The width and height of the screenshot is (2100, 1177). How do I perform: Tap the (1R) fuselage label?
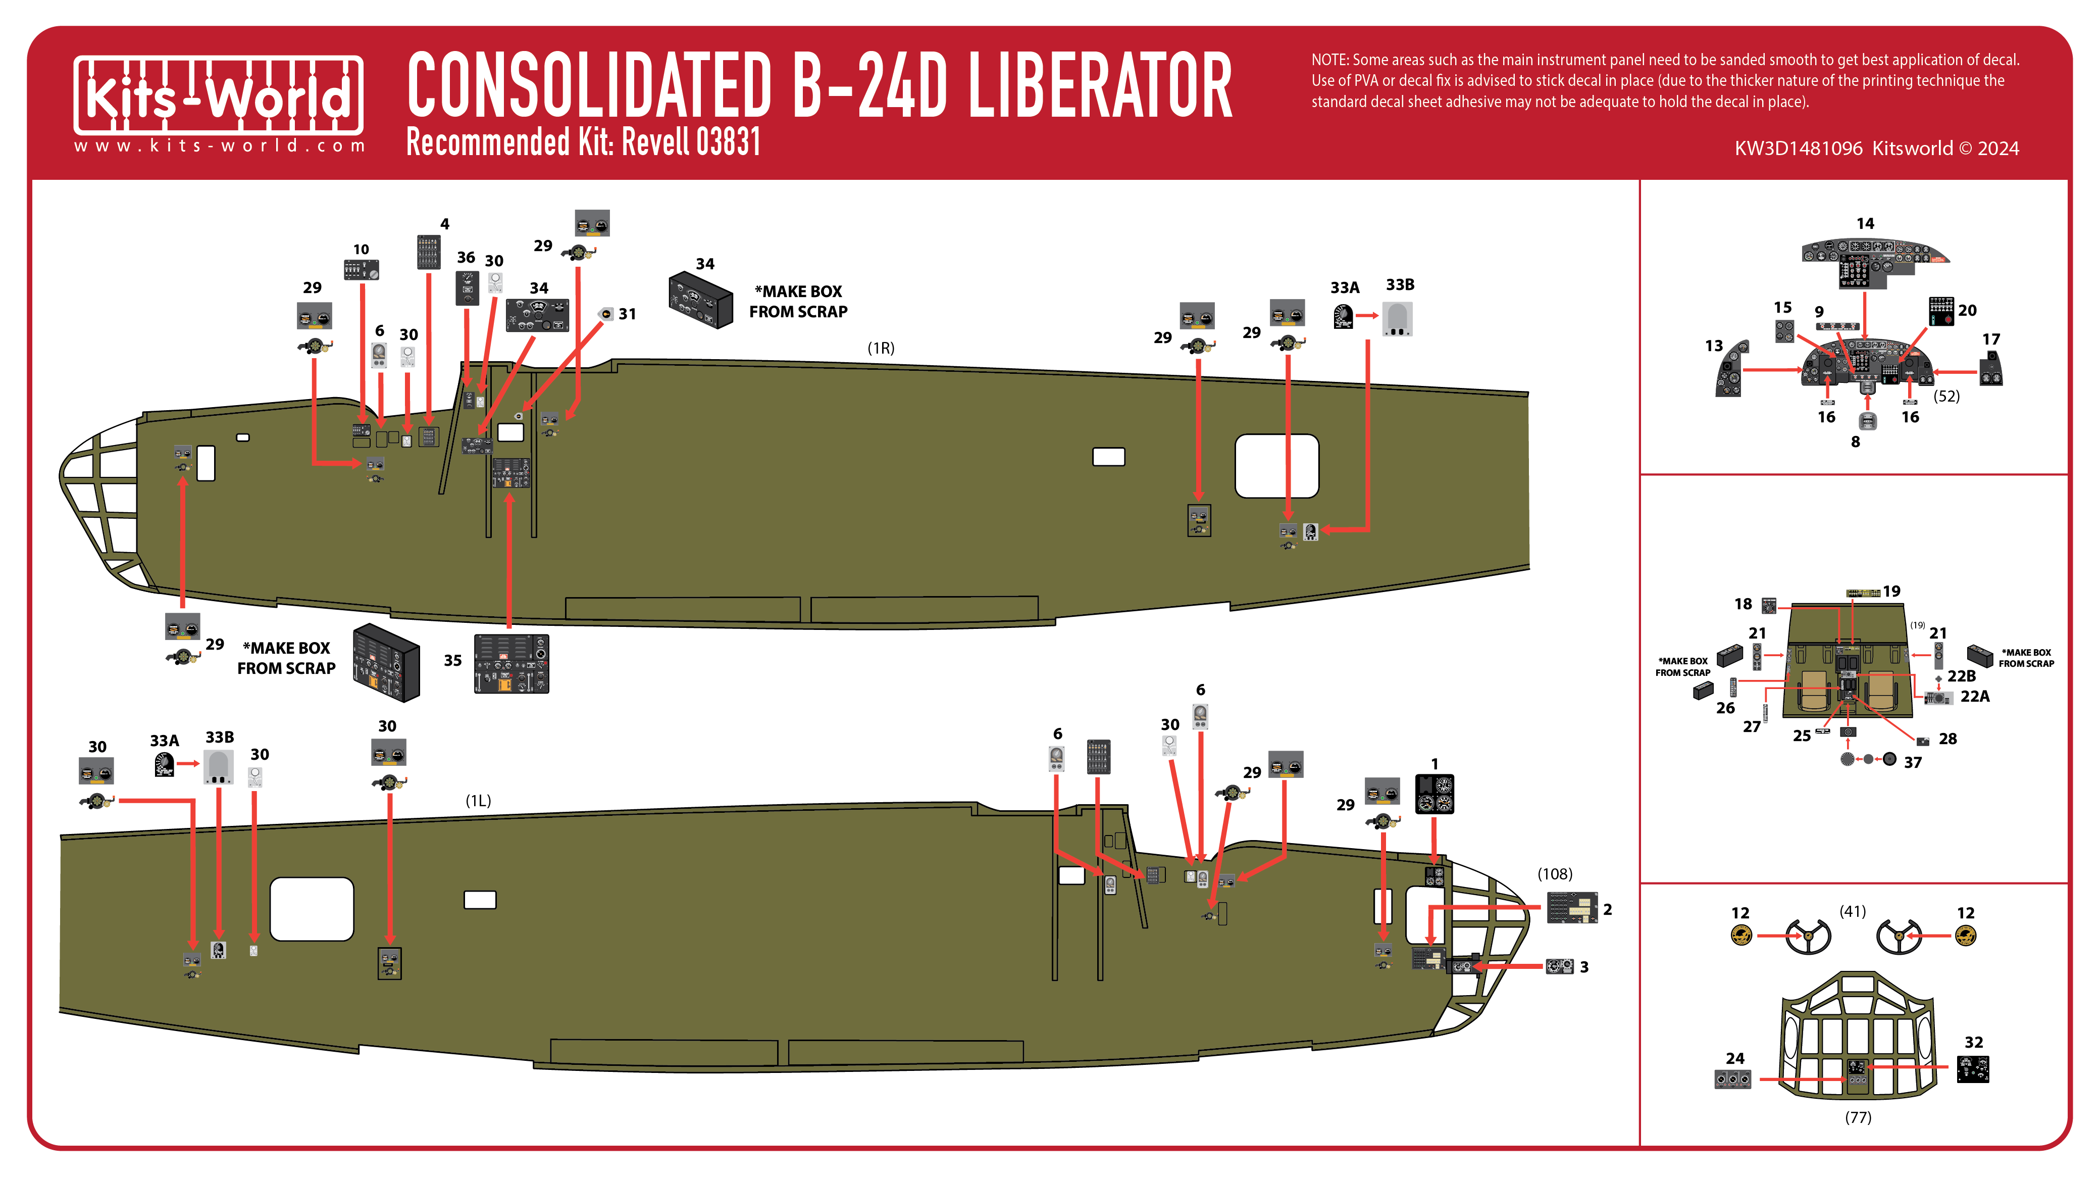(881, 348)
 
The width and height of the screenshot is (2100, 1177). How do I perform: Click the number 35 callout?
(452, 661)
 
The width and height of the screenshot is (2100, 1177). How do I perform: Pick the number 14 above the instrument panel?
(1864, 223)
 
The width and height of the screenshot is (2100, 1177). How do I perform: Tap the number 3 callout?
(1584, 966)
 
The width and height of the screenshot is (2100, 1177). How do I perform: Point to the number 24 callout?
(1735, 1058)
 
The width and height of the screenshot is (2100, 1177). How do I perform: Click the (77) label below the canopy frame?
(1858, 1117)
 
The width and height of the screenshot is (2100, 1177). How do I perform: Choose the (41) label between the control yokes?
(1852, 911)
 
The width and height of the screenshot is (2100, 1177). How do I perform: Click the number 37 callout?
(1913, 763)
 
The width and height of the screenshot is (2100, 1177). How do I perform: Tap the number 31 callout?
(627, 314)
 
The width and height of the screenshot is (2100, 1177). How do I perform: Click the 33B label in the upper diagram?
(1400, 285)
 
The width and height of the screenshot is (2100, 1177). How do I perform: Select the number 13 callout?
(1714, 346)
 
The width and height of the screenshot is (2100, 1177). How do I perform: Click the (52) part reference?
(1947, 397)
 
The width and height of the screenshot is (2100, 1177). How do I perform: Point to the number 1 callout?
(1435, 764)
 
